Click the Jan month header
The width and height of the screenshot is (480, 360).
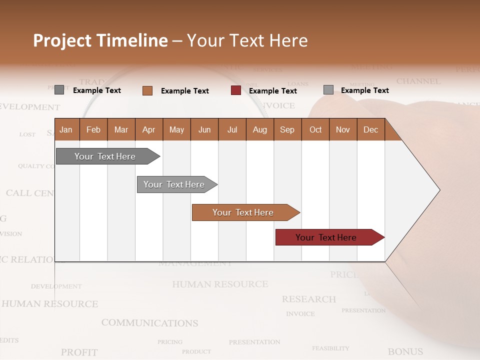coord(66,129)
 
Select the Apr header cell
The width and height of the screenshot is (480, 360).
coord(148,129)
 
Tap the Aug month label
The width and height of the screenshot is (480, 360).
coord(259,129)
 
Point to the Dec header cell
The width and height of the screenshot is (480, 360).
coord(370,129)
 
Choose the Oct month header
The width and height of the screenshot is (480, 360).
coord(315,129)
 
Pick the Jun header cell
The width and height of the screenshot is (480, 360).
coord(204,129)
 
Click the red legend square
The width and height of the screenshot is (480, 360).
coord(236,90)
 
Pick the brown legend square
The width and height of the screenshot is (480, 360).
coord(147,90)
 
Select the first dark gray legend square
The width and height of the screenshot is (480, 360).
coord(59,90)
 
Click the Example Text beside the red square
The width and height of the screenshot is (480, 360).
coord(272,91)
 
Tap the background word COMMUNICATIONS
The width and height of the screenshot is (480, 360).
coord(149,323)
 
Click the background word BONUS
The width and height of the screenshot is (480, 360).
coord(405,352)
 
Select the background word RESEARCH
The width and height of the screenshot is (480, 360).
coord(308,299)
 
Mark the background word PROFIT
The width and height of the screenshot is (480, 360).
coord(79,352)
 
